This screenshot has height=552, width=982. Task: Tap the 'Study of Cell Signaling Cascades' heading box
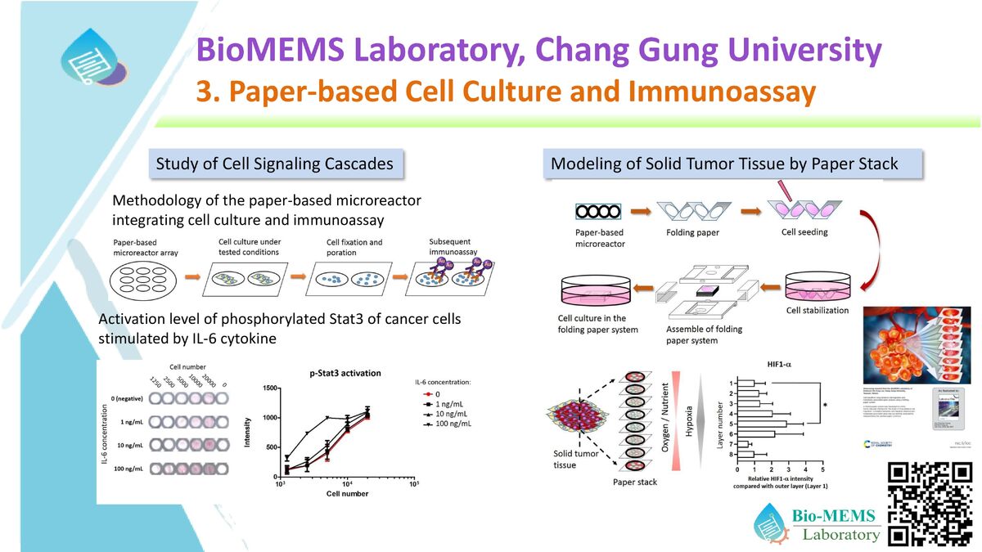coord(274,164)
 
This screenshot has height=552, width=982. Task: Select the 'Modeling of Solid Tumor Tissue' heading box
coord(724,164)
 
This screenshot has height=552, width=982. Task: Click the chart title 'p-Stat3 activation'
coord(345,373)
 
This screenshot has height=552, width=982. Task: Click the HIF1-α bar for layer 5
coord(761,424)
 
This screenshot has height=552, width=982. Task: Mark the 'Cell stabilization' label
coord(818,311)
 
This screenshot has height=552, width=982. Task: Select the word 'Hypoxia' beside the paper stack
coord(689,419)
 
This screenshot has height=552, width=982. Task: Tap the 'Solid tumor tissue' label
coord(565,459)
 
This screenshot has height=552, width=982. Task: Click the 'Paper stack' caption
coord(635,482)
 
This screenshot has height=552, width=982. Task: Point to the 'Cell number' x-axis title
coord(342,494)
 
